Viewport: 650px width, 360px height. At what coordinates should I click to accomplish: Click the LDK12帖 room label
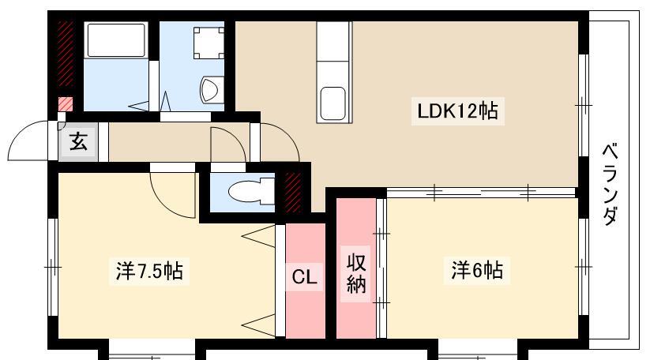tap(457, 111)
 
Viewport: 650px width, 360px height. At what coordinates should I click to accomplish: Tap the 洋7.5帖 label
tap(149, 271)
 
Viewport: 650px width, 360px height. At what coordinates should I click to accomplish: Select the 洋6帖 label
tap(477, 270)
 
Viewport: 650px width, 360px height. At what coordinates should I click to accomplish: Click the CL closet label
tap(304, 277)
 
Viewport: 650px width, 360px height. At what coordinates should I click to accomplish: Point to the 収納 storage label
tap(356, 273)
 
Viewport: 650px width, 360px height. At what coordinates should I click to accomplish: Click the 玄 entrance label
tap(78, 142)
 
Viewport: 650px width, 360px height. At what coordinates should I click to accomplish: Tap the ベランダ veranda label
tap(611, 184)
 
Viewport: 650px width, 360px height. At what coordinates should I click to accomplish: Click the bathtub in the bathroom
tap(116, 40)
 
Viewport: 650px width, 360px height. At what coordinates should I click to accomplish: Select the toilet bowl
tap(251, 191)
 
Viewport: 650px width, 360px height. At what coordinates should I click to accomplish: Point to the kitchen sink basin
tap(334, 103)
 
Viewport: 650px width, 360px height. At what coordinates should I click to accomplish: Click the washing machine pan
tap(209, 43)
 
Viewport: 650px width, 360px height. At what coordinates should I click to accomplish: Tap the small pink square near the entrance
tap(66, 104)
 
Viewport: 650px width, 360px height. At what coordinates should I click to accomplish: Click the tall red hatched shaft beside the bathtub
tap(66, 54)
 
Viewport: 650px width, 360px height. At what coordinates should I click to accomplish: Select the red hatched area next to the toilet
tap(293, 192)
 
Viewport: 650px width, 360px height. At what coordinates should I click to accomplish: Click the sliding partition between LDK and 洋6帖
tap(481, 192)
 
